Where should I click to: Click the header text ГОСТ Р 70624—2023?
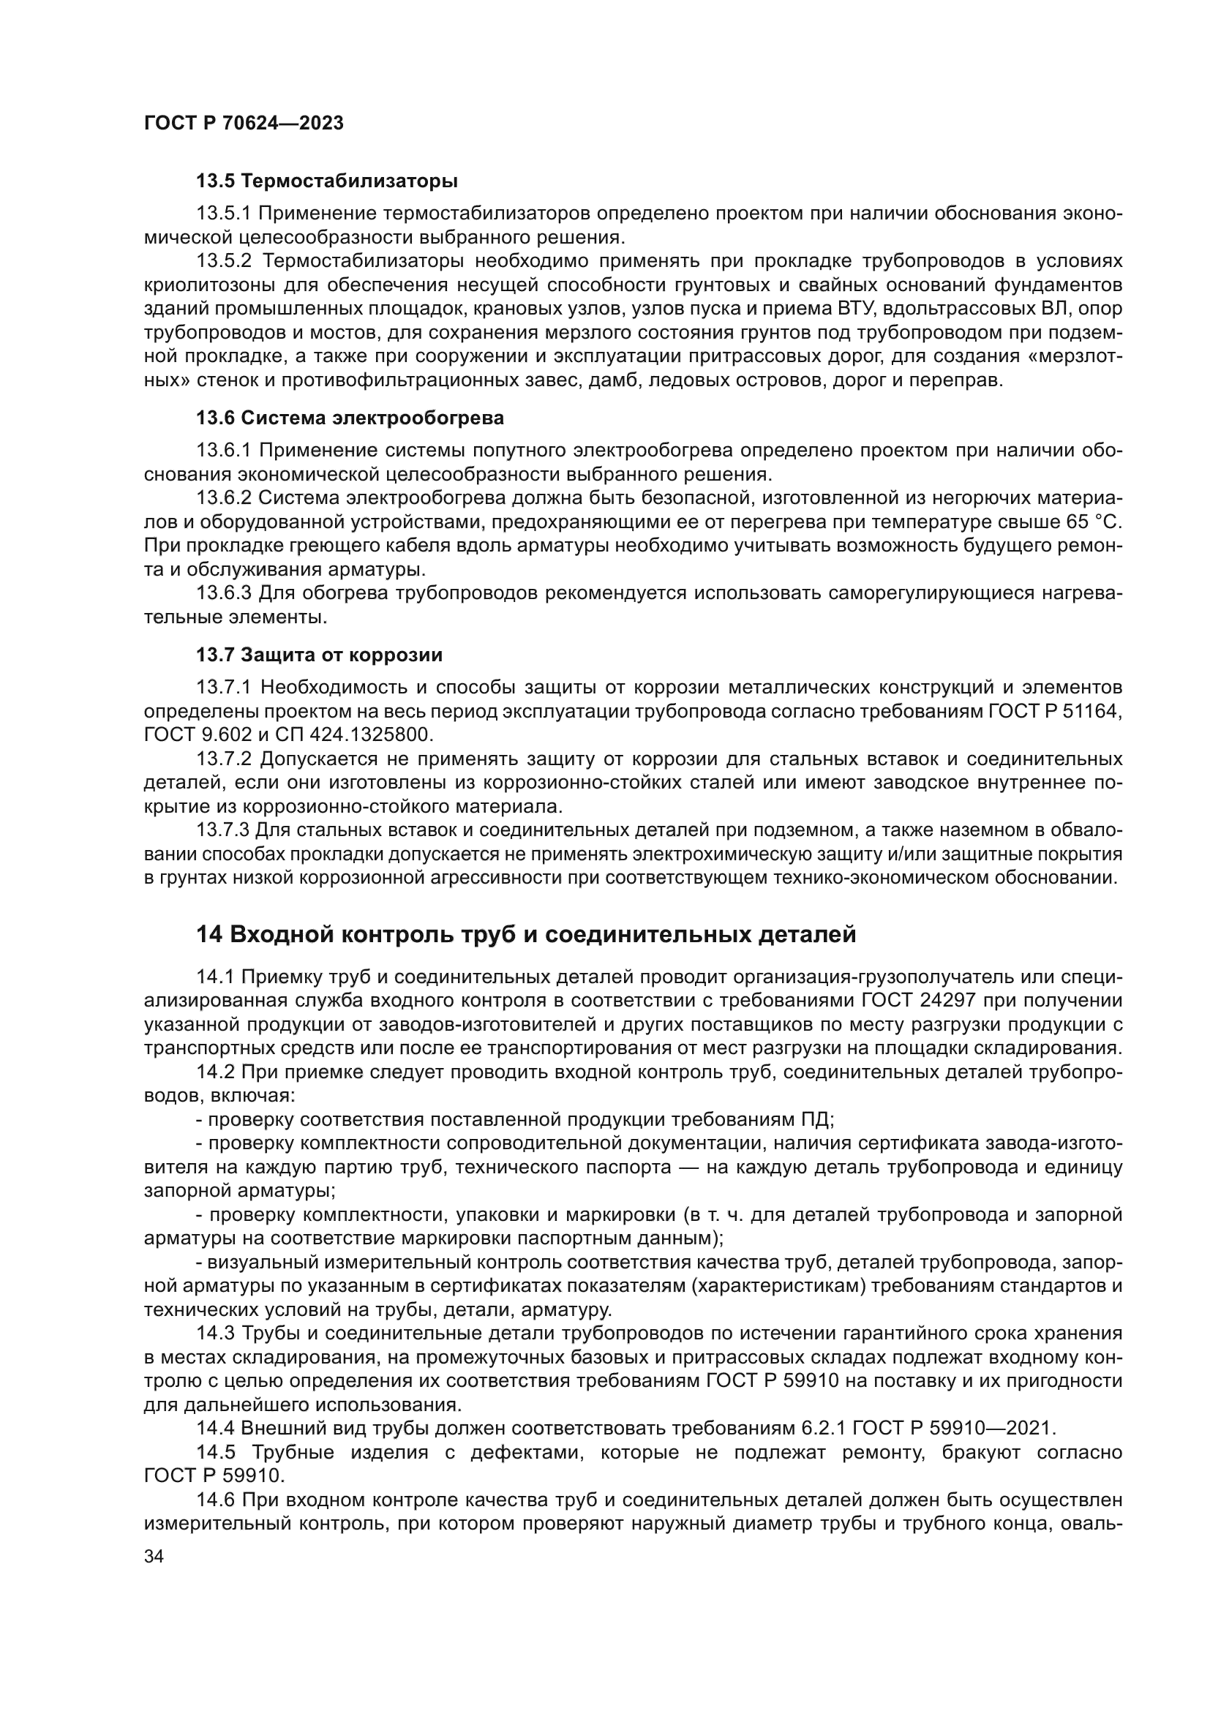coord(244,124)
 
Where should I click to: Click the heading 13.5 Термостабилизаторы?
coord(326,181)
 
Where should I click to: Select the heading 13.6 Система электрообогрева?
coord(350,418)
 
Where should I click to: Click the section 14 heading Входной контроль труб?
coord(525,934)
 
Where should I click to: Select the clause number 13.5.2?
coord(225,261)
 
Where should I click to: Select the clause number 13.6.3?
coord(225,593)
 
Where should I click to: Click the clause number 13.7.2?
coord(225,759)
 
